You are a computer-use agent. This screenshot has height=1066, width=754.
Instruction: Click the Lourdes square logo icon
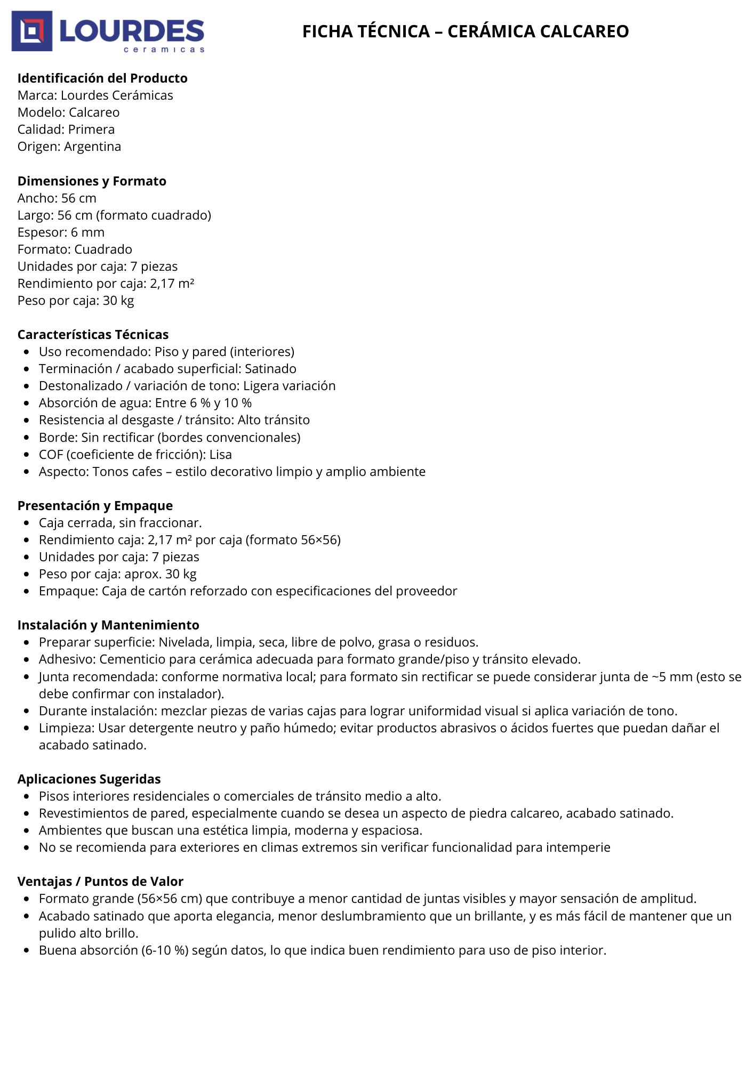[32, 31]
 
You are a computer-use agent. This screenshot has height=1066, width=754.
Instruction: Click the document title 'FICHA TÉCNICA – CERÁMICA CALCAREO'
[465, 31]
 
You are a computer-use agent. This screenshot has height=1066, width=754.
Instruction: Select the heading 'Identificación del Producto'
[102, 78]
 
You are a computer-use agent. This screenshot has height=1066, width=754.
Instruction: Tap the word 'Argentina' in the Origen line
[92, 147]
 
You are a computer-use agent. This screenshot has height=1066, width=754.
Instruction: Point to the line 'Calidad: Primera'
[66, 130]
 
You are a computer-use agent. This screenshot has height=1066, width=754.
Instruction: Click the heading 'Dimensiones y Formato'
[92, 181]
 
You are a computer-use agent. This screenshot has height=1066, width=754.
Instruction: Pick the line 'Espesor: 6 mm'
[61, 232]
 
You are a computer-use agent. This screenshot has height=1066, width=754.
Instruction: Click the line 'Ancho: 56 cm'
[57, 198]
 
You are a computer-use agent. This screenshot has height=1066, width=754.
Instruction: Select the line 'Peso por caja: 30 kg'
[76, 301]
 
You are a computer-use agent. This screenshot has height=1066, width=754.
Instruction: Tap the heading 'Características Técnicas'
[93, 335]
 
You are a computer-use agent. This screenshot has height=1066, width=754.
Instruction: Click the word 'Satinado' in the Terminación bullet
[270, 369]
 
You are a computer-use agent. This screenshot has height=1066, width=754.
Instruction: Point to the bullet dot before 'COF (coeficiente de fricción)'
[27, 455]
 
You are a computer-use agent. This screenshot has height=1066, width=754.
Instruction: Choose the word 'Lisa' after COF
[221, 455]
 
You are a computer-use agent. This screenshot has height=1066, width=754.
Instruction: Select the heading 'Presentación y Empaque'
[95, 506]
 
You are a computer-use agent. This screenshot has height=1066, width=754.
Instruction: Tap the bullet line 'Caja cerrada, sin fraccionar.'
[120, 523]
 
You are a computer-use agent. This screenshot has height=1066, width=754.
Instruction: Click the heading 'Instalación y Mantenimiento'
[108, 625]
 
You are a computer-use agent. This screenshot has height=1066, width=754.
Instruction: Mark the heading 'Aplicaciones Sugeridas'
[89, 779]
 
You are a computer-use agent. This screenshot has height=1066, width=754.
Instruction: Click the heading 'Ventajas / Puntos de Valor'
[100, 882]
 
